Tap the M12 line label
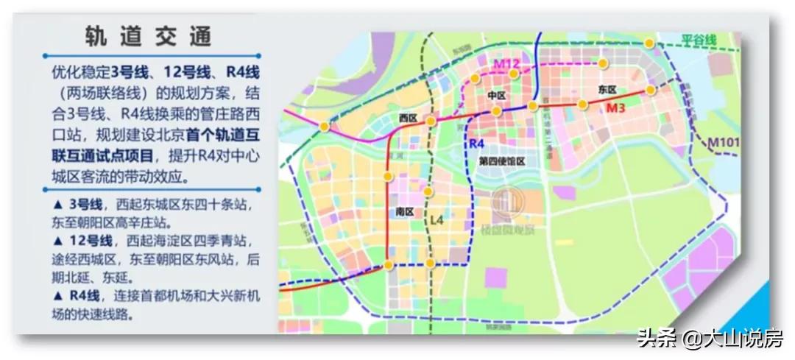(x=506, y=64)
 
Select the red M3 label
(x=615, y=109)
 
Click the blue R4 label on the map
(x=477, y=143)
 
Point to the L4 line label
(x=437, y=219)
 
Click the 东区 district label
(x=607, y=89)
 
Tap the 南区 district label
(x=403, y=211)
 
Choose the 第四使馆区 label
(x=501, y=161)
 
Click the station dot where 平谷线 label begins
(x=649, y=43)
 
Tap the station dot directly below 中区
(x=497, y=111)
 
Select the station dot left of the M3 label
(x=583, y=105)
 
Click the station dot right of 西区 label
(x=431, y=120)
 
